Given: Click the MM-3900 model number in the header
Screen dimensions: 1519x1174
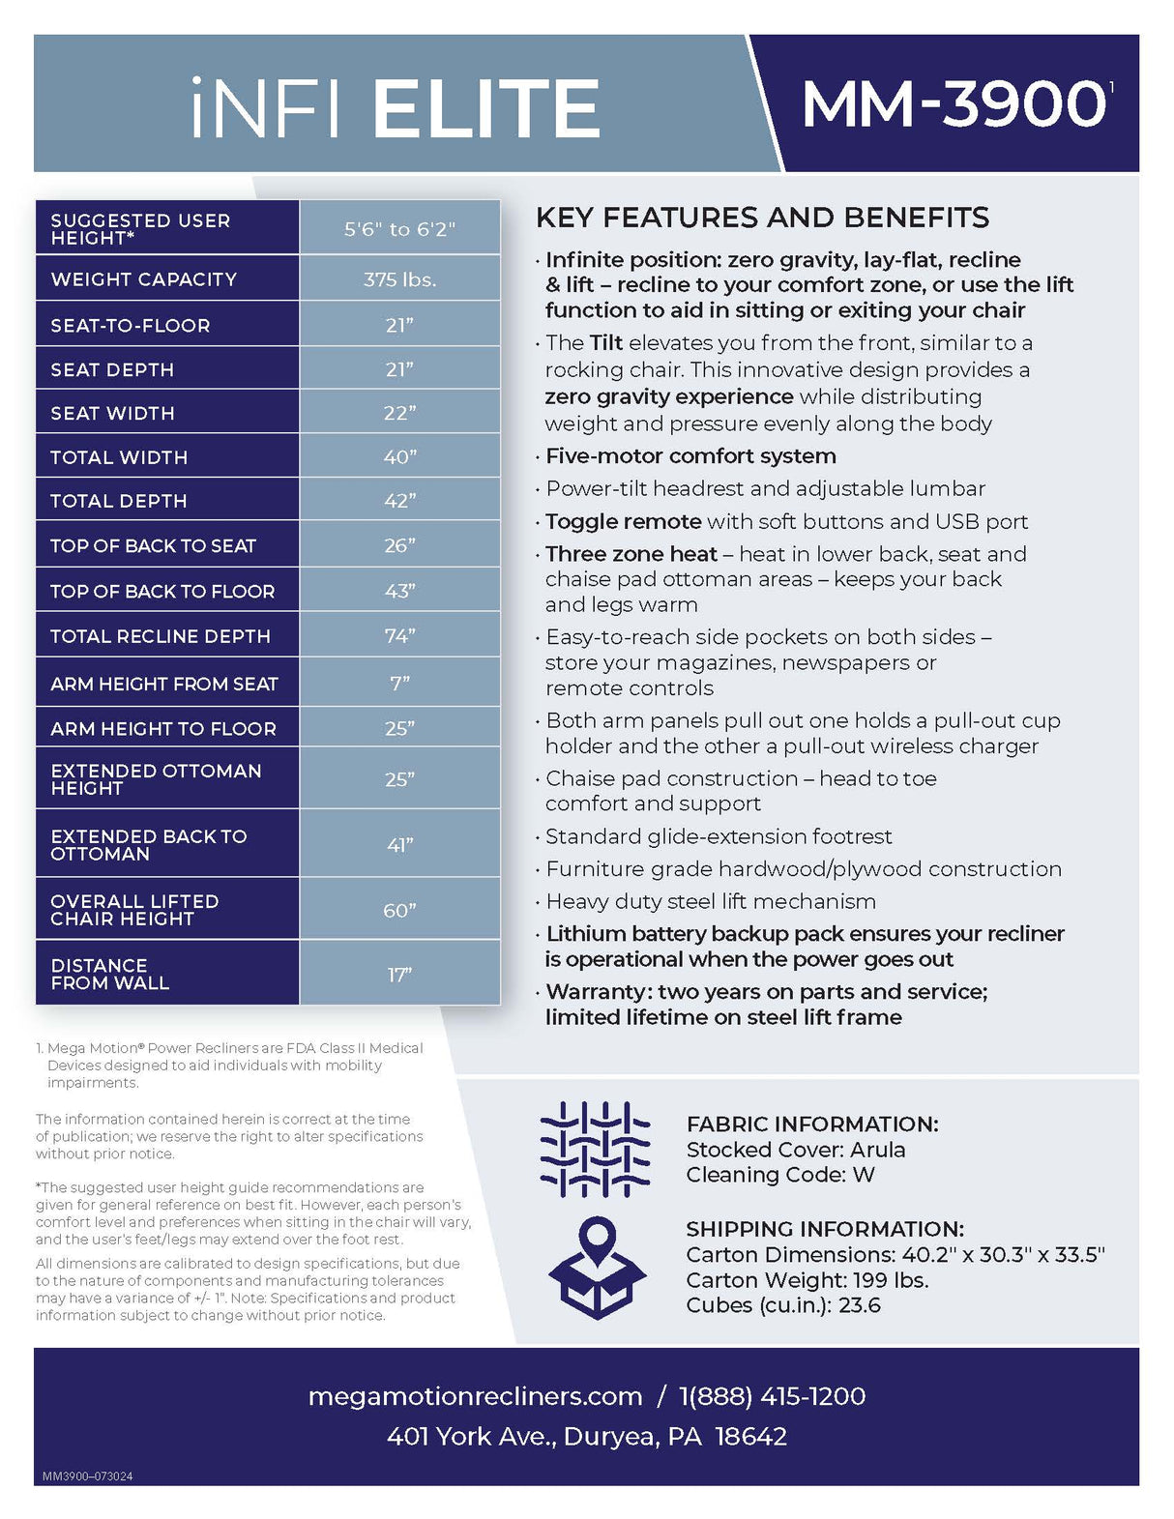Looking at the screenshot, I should point(954,103).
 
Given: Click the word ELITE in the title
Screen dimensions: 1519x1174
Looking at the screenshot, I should point(485,108).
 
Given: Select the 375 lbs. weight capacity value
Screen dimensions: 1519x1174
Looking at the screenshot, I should point(399,279).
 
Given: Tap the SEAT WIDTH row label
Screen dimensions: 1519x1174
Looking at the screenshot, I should point(112,413).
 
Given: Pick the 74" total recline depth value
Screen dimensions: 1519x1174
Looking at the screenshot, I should point(399,635).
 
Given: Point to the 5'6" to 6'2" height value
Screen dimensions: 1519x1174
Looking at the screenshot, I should point(399,229).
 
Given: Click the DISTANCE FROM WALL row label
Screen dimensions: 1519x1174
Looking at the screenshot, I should point(109,974).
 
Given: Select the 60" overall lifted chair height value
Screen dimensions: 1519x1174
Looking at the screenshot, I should point(399,910).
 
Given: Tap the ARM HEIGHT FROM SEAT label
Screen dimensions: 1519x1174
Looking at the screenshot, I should point(163,684).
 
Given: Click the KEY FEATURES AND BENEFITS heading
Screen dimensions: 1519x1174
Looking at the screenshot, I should point(762,218).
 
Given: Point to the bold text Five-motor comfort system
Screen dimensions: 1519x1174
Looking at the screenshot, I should point(690,455).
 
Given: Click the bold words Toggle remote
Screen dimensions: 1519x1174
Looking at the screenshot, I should point(623,521).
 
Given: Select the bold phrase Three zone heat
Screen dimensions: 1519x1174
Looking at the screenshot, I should point(631,554).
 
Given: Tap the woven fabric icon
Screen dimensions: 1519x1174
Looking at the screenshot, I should point(595,1149).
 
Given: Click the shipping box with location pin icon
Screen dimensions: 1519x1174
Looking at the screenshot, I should point(597,1268).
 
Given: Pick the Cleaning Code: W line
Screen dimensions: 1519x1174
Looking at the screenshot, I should point(779,1175).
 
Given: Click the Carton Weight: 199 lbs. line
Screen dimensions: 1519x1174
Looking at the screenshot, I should point(807,1280).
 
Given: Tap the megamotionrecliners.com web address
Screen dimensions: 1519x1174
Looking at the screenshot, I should point(475,1396).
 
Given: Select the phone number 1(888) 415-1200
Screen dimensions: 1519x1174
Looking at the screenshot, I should point(772,1396).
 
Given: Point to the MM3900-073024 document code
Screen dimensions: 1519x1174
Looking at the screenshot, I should point(87,1476).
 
